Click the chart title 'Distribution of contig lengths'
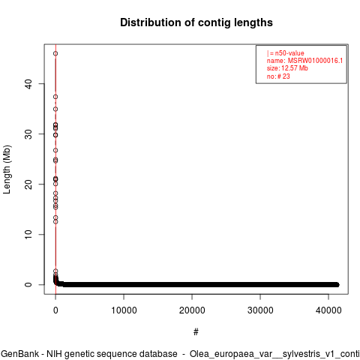(196, 22)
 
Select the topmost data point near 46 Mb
(55, 53)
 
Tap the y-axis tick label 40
(29, 83)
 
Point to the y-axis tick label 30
(29, 133)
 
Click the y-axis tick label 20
(29, 184)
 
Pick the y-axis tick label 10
(29, 234)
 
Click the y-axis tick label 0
(29, 284)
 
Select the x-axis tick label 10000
(124, 310)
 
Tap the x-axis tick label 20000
(192, 310)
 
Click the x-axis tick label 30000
(260, 310)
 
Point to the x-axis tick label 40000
(328, 310)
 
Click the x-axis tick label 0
(55, 310)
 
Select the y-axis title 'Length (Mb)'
(7, 169)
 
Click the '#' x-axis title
(196, 332)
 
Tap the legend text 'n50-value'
(289, 53)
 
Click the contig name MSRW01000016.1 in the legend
(315, 61)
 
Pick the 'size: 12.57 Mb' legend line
(287, 68)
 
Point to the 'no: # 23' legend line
(278, 76)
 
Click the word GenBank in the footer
(19, 354)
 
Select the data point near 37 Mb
(55, 97)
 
